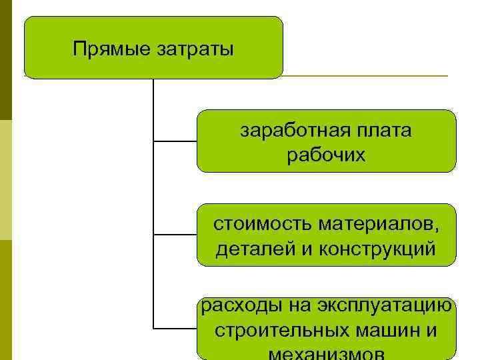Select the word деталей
point(246,249)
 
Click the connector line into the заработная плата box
point(175,141)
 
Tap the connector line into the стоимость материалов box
point(175,235)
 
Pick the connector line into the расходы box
point(175,329)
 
